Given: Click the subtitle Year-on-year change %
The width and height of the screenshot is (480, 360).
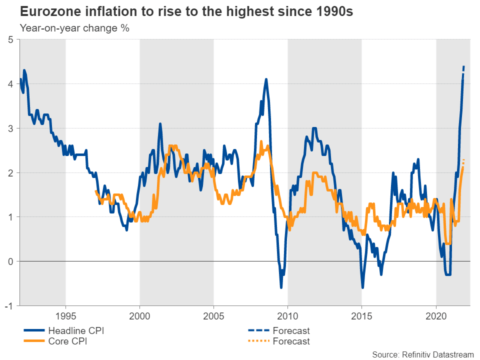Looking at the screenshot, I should coord(74,28).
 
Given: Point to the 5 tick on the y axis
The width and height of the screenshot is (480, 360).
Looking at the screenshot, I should coord(10,39).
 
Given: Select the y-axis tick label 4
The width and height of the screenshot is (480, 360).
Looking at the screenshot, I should coord(10,84).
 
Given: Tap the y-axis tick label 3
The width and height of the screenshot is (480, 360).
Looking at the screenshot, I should coord(10,128).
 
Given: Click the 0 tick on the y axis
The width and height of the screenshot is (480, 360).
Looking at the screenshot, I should coord(10,261).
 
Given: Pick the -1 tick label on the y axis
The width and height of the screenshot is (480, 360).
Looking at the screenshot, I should coord(8,305).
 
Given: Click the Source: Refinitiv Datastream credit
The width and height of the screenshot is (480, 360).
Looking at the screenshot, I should coord(422,354).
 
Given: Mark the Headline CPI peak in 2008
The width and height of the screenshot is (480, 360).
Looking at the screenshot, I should coord(266,79).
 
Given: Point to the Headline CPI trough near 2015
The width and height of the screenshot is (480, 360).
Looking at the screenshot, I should coord(362,288).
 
